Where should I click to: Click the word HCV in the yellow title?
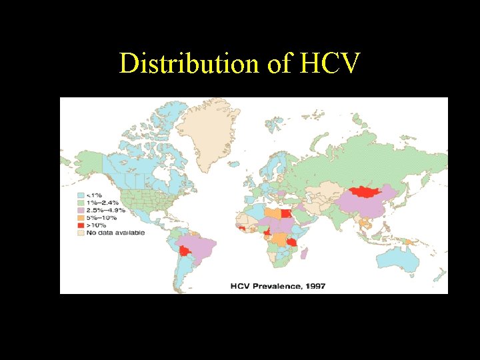point(331,63)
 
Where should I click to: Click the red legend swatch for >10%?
point(81,225)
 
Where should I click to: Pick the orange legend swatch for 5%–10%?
point(81,218)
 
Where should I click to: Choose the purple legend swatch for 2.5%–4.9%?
point(81,211)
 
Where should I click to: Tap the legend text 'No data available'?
point(110,233)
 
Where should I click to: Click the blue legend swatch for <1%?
point(81,196)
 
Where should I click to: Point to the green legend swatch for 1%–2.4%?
point(81,203)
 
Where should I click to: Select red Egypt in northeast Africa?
point(286,214)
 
